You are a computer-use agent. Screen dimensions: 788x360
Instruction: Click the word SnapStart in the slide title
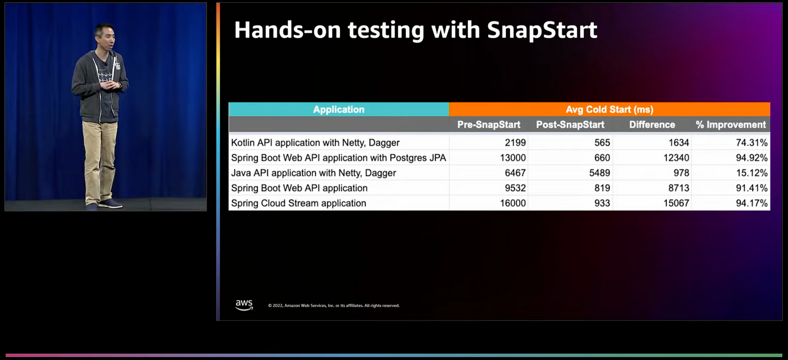[x=542, y=30]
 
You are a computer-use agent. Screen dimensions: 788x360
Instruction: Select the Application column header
[x=338, y=109]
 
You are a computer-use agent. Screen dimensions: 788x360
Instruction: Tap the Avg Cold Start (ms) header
[x=609, y=109]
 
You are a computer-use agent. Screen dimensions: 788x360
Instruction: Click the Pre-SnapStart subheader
[x=489, y=125]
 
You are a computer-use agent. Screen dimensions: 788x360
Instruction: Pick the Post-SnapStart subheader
[x=570, y=125]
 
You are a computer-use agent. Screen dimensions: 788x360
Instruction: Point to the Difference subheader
[x=652, y=125]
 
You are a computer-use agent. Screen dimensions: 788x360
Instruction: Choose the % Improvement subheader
[x=731, y=125]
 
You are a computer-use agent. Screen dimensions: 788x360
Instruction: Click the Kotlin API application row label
[x=315, y=143]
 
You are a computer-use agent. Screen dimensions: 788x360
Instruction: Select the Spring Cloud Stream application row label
[x=299, y=203]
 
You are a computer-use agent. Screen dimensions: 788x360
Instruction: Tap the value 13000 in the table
[x=513, y=158]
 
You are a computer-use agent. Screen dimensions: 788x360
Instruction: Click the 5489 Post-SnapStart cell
[x=599, y=173]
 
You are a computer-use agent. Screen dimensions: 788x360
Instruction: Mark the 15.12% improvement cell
[x=751, y=173]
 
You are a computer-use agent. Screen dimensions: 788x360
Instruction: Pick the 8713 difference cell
[x=679, y=188]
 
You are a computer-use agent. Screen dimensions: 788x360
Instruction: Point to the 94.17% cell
[x=751, y=203]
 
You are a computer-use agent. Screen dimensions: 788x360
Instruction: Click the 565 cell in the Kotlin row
[x=602, y=143]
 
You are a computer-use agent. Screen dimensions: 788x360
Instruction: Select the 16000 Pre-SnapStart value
[x=513, y=203]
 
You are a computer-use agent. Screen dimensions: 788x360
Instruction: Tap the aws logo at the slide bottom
[x=244, y=305]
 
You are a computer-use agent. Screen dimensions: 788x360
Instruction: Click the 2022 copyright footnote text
[x=333, y=305]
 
